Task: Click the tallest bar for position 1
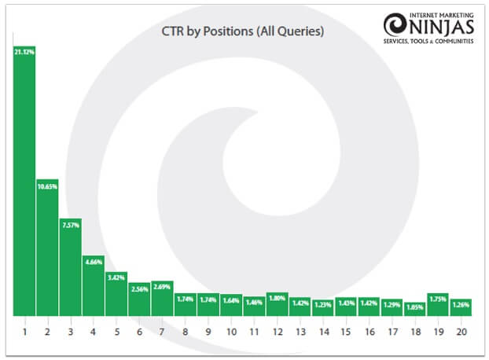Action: [x=24, y=181]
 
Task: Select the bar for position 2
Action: [x=47, y=252]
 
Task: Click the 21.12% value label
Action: [x=24, y=52]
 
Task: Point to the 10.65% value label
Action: [x=47, y=186]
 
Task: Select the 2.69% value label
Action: [x=163, y=287]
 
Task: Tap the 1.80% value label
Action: [x=277, y=298]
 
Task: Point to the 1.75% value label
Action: [x=438, y=299]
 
